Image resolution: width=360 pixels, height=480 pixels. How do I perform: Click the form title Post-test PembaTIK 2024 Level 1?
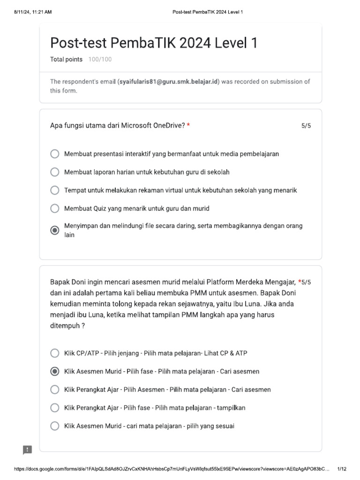coord(153,43)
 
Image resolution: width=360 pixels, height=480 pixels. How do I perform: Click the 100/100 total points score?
coord(100,60)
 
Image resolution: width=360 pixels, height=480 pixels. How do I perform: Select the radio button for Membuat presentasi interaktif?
coord(55,154)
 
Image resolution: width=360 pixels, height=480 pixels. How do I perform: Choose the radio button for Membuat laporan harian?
coord(55,172)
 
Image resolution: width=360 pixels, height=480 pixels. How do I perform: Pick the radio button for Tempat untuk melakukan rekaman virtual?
coord(55,190)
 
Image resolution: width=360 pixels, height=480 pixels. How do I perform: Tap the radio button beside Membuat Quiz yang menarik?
coord(55,208)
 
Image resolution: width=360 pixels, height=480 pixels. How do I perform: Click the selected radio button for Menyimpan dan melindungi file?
coord(55,230)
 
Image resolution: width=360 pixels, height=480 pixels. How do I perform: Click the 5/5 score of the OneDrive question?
coord(306,126)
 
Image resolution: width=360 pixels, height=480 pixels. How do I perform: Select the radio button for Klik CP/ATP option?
coord(55,353)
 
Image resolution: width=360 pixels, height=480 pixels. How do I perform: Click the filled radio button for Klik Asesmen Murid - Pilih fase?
coord(55,371)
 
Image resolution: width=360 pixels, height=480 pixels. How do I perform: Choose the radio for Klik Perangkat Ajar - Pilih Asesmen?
coord(55,390)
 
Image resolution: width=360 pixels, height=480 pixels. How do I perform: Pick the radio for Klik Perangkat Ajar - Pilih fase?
coord(55,408)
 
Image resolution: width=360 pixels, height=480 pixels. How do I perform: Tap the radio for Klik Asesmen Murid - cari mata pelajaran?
coord(55,426)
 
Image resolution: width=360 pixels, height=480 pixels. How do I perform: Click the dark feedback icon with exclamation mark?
coord(28,450)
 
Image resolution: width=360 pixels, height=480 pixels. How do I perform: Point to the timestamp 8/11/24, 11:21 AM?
coord(33,12)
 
